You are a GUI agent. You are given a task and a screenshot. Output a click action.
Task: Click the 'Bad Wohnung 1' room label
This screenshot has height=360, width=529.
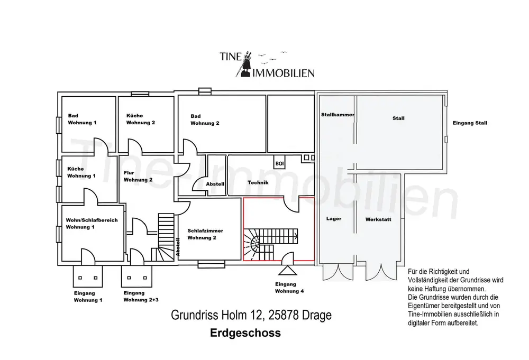82,119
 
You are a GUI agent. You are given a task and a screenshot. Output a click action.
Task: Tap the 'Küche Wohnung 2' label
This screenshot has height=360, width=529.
140,119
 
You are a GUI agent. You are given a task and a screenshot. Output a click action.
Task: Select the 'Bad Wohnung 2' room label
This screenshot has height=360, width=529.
205,119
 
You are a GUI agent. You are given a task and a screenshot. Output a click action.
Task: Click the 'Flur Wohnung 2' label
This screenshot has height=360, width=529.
138,176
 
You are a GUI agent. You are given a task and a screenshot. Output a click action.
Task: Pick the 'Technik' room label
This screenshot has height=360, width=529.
258,183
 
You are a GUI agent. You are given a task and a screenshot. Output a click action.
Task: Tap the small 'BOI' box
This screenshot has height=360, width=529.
279,164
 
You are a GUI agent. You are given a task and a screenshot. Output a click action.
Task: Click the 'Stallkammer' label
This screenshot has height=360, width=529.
337,115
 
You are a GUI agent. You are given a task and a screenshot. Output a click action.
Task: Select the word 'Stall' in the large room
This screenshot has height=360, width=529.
398,118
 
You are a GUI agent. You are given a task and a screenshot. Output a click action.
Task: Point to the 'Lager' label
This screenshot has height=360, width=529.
334,218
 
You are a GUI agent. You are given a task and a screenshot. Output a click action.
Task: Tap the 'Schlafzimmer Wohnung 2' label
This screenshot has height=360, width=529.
205,234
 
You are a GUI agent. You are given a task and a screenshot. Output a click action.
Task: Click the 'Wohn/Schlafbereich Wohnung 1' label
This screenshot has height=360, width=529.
92,223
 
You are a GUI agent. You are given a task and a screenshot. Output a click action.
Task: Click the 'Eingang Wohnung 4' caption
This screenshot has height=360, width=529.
289,288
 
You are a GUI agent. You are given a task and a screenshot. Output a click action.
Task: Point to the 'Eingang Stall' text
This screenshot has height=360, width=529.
470,123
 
